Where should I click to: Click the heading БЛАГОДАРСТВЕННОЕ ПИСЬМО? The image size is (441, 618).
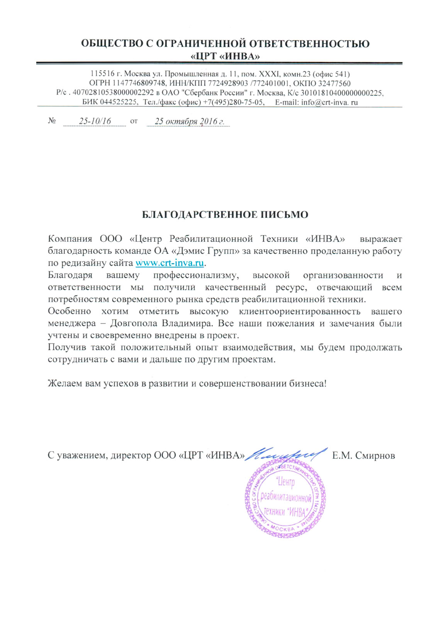225,215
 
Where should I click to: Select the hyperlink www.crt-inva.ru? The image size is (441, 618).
170,263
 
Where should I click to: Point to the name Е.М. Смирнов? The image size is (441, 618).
363,455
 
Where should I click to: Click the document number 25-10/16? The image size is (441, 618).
95,121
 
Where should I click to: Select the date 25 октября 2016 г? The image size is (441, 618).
189,121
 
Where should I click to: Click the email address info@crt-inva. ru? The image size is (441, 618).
329,102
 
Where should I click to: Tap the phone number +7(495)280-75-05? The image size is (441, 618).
234,102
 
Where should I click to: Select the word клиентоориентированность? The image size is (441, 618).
300,311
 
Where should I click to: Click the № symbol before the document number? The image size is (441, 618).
52,121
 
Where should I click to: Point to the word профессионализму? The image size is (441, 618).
196,275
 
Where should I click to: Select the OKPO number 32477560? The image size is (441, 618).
334,83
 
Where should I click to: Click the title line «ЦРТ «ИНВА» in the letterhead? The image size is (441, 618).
225,56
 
